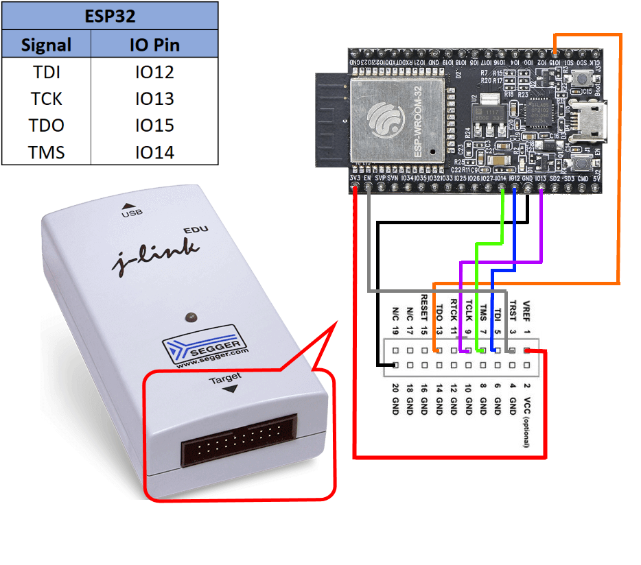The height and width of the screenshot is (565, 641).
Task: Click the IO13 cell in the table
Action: point(154,99)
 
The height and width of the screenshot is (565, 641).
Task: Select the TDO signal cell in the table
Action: point(47,125)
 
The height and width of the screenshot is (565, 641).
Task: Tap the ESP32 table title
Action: point(110,14)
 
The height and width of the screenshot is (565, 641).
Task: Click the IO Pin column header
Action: point(154,45)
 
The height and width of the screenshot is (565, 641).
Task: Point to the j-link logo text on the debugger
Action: point(156,257)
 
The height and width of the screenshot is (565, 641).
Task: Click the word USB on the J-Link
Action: point(131,213)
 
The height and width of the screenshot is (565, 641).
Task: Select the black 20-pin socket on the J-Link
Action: point(239,440)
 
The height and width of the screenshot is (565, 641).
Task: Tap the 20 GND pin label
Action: point(395,397)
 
